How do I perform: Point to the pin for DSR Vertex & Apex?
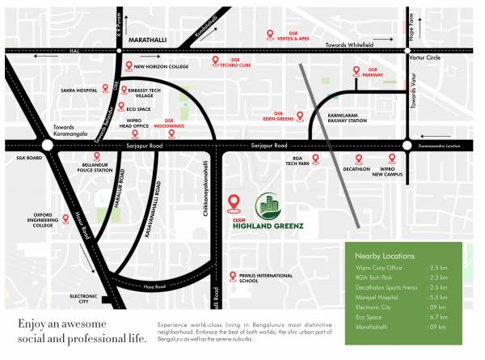coord(272,35)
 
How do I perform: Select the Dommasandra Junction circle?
coord(409,146)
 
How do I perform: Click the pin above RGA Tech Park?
coord(316,159)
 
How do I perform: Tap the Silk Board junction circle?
coord(46,145)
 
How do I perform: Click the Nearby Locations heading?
coord(380,254)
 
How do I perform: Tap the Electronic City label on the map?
coord(84,299)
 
